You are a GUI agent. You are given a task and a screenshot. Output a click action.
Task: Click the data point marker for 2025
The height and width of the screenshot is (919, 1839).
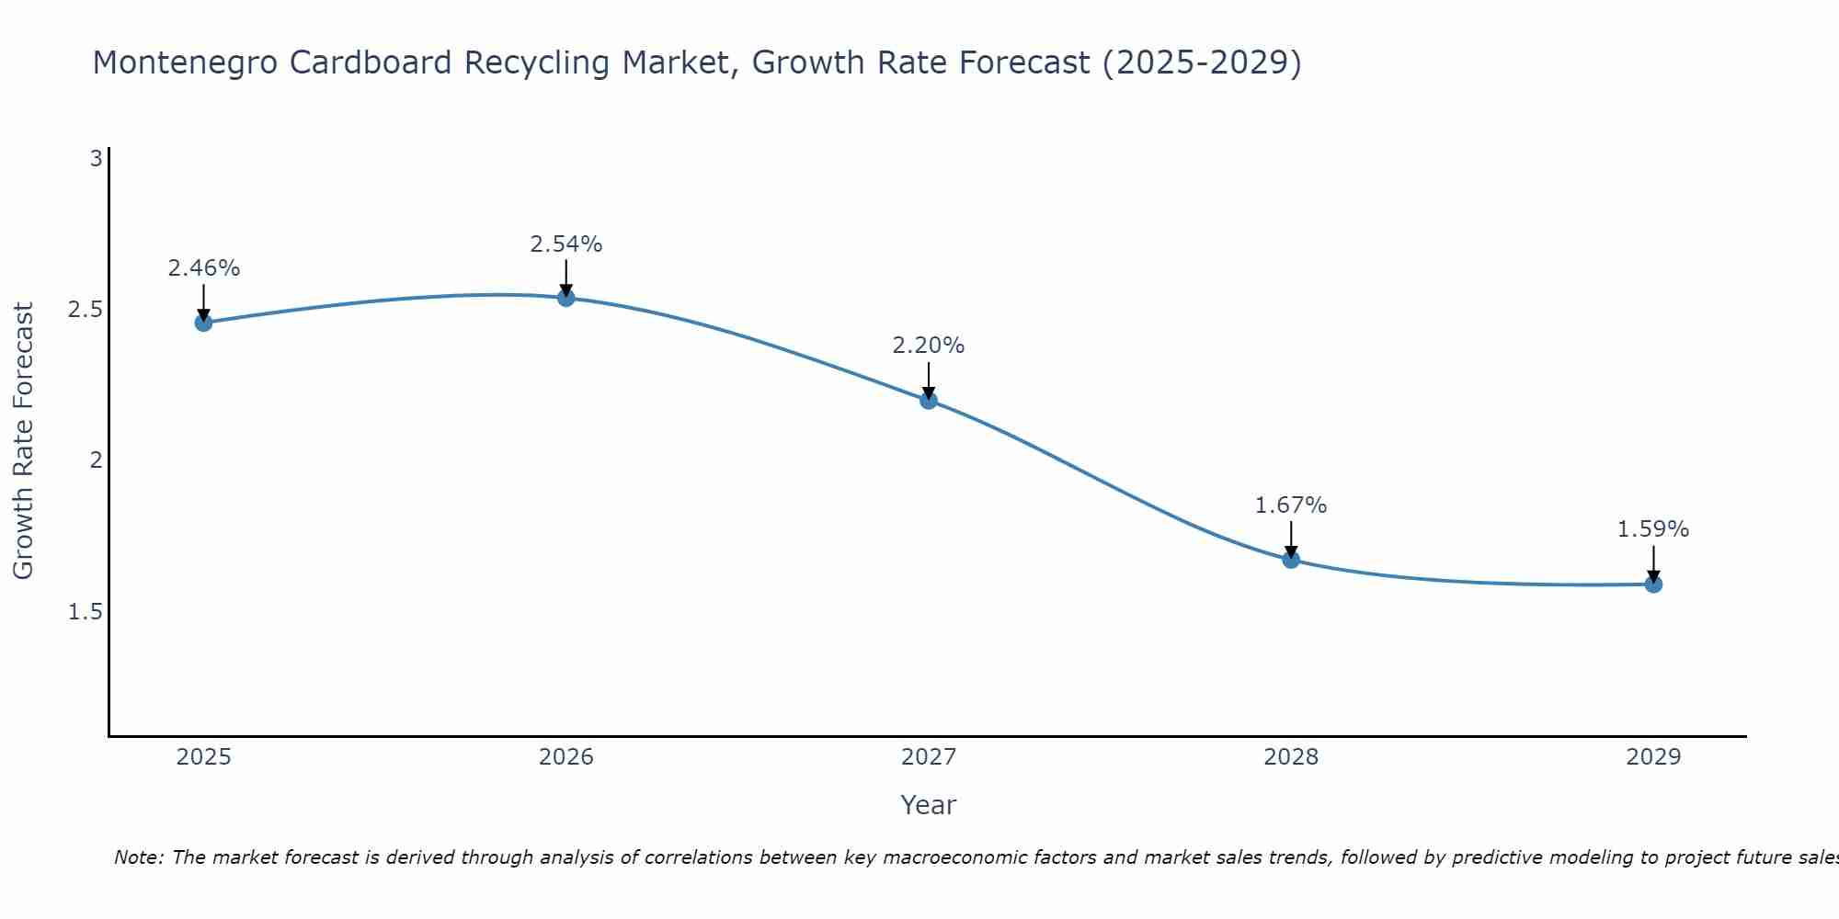pyautogui.click(x=203, y=323)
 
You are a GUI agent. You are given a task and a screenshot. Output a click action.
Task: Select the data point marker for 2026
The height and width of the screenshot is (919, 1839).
pyautogui.click(x=566, y=298)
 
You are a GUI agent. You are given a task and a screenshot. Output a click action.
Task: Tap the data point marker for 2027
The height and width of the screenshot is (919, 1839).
pyautogui.click(x=929, y=400)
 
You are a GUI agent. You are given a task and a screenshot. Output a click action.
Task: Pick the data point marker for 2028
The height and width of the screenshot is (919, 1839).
pyautogui.click(x=1291, y=560)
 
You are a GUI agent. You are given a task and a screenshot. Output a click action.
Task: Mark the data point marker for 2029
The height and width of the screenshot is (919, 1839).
pyautogui.click(x=1653, y=584)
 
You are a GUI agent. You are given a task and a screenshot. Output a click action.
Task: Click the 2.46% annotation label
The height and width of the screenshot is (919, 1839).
pyautogui.click(x=203, y=268)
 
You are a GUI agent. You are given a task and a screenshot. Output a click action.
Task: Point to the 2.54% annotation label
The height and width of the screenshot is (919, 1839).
pyautogui.click(x=566, y=244)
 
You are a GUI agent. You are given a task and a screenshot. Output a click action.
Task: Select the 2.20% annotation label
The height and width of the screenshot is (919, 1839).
pyautogui.click(x=929, y=346)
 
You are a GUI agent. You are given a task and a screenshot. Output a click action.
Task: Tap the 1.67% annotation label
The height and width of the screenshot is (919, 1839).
pyautogui.click(x=1291, y=505)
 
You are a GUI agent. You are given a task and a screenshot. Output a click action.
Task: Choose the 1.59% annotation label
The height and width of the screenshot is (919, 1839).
pyautogui.click(x=1653, y=529)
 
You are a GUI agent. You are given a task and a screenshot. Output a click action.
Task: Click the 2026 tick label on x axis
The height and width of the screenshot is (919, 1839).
pyautogui.click(x=566, y=757)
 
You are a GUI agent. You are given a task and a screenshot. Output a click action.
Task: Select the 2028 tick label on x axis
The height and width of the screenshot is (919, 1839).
pyautogui.click(x=1291, y=757)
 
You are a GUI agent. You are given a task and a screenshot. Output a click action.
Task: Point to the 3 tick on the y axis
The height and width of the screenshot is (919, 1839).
pyautogui.click(x=96, y=159)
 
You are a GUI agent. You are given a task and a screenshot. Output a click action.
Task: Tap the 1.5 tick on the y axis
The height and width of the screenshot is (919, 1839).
pyautogui.click(x=85, y=611)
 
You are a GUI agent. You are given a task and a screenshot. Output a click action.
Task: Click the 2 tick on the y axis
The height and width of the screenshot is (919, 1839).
pyautogui.click(x=96, y=460)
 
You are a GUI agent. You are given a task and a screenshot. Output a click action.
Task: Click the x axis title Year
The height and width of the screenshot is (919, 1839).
pyautogui.click(x=929, y=805)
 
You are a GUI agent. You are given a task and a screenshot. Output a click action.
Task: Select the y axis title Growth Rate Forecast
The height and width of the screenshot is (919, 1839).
pyautogui.click(x=23, y=441)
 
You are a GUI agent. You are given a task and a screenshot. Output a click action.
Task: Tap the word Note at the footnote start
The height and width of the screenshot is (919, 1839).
pyautogui.click(x=138, y=857)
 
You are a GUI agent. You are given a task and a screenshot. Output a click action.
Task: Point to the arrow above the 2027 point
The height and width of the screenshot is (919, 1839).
pyautogui.click(x=929, y=379)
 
